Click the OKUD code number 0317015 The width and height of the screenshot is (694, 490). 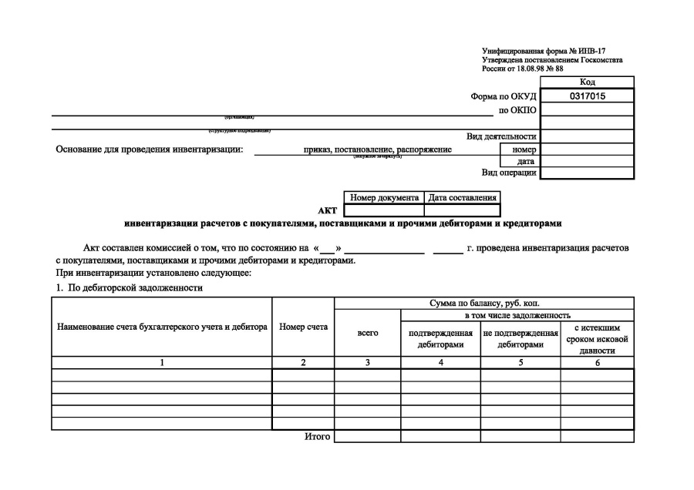tap(588, 96)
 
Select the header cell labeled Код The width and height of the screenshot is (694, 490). tap(588, 82)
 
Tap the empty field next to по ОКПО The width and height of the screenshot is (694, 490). tap(588, 109)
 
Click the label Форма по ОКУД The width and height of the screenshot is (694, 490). tap(503, 97)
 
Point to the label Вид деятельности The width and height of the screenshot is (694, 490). tap(501, 136)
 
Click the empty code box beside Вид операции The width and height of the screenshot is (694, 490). tap(588, 173)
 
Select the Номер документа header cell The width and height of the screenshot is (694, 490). tap(384, 198)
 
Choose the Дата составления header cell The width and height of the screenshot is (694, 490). tap(462, 198)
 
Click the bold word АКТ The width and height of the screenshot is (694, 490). tap(327, 210)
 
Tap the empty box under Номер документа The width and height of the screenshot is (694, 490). tap(384, 210)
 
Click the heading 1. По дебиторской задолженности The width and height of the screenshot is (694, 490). tap(130, 288)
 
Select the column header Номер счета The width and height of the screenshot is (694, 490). tap(303, 327)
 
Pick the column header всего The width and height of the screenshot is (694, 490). tap(368, 333)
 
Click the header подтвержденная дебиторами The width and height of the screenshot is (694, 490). tap(440, 339)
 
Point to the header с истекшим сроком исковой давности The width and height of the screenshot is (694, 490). tap(597, 338)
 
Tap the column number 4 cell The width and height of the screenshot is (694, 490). tap(440, 362)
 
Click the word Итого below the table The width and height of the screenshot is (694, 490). tap(318, 437)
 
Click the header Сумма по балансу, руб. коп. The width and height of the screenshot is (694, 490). tap(484, 304)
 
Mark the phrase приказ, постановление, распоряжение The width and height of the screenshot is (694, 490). tap(378, 149)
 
